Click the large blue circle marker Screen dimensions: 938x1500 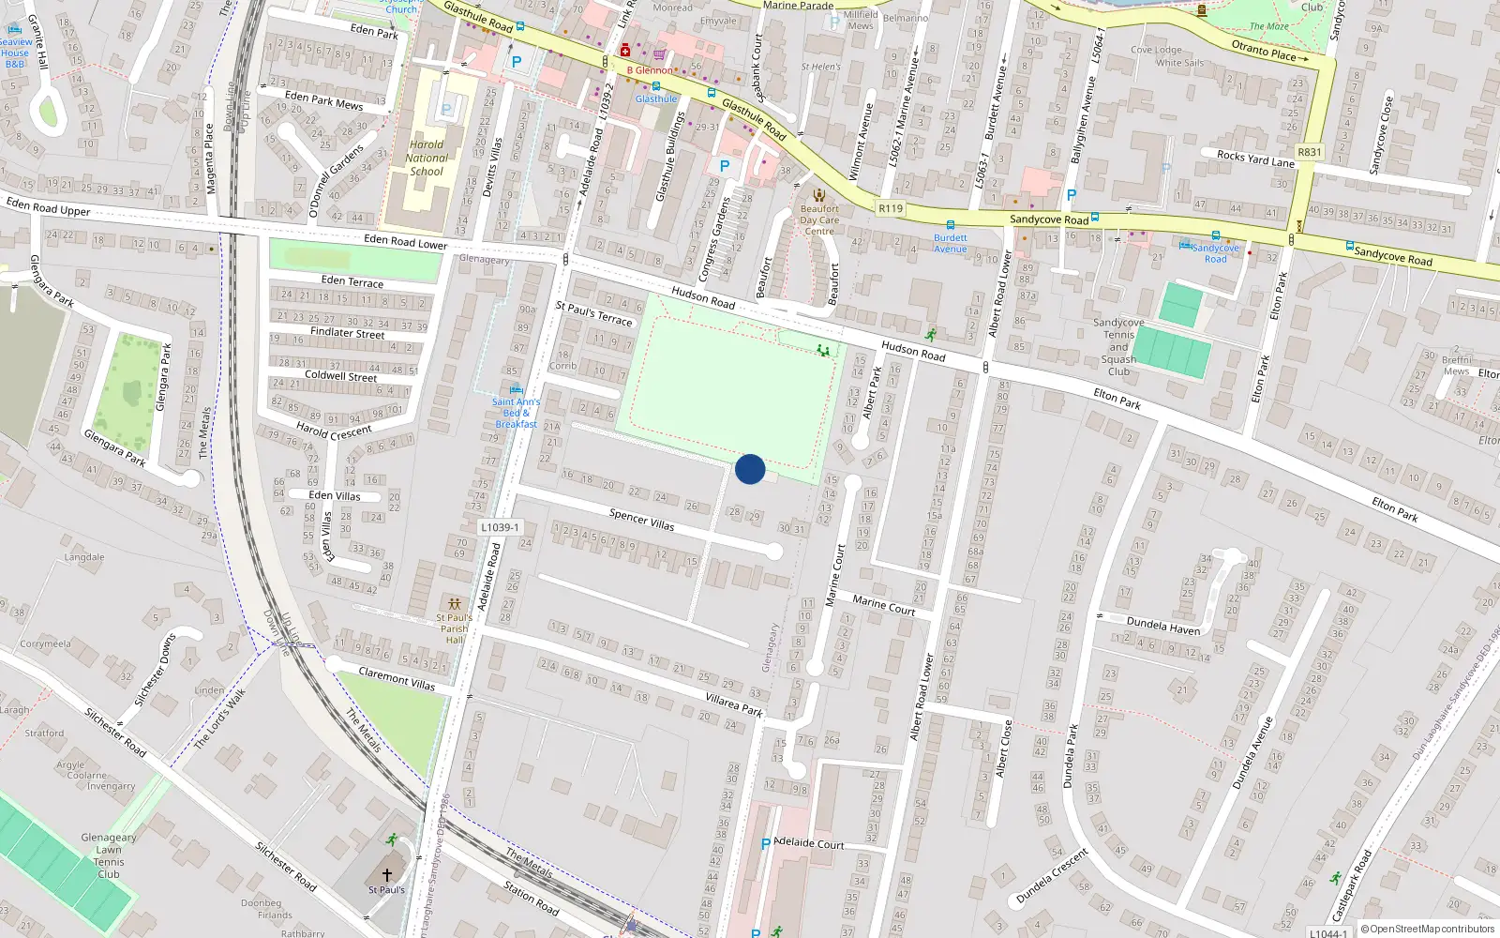(750, 469)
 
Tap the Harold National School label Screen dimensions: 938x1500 (427, 158)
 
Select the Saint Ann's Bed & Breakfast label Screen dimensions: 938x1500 (516, 413)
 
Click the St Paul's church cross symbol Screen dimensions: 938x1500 (386, 874)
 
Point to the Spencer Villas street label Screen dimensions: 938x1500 (641, 520)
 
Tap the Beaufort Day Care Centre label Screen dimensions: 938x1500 (819, 219)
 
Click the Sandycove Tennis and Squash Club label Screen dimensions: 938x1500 (1118, 347)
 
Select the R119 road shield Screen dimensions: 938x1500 (891, 208)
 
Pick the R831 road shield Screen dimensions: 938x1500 (1309, 152)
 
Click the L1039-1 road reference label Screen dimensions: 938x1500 (500, 527)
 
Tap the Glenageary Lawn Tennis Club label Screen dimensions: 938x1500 (109, 855)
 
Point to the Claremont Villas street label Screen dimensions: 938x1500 (397, 678)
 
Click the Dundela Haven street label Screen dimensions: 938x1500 (1162, 626)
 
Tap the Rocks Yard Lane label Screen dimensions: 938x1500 (1255, 159)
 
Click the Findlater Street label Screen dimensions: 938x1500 (347, 333)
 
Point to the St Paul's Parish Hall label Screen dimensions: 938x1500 (455, 628)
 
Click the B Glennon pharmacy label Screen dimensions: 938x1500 (650, 70)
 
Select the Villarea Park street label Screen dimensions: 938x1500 (734, 704)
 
